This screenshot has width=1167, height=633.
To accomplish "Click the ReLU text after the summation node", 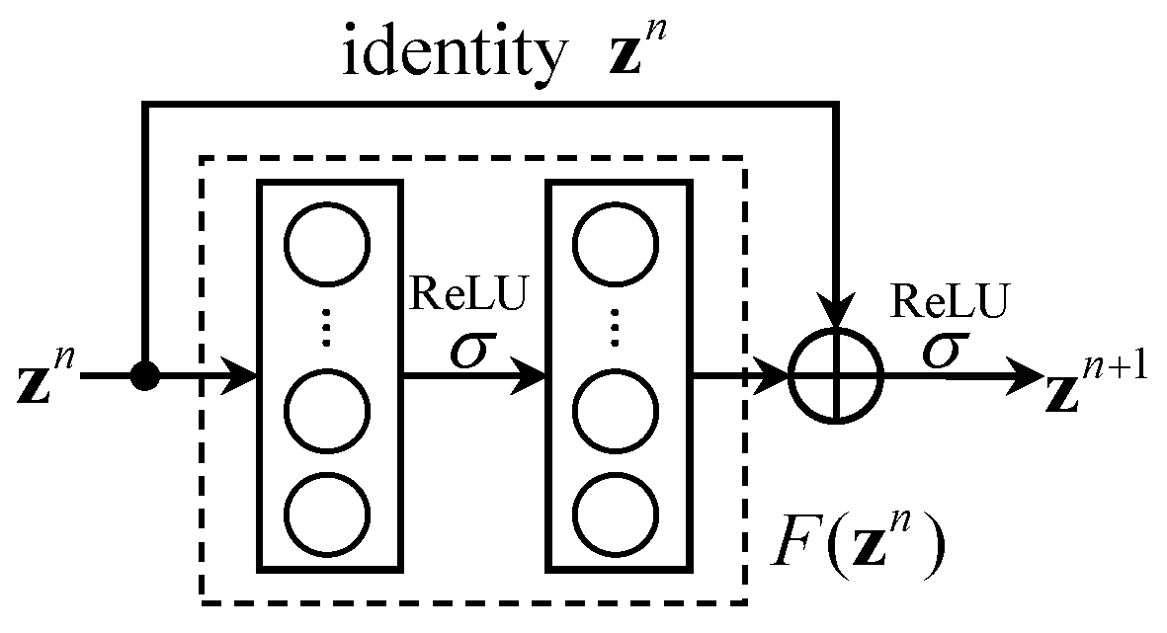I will (951, 302).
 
